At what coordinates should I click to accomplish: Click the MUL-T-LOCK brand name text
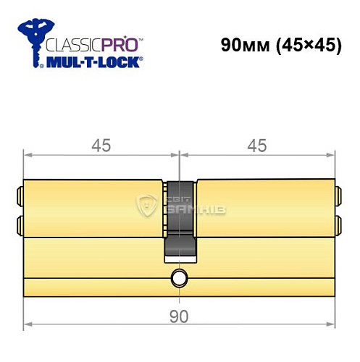[93, 63]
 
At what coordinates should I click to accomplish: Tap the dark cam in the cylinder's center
[180, 217]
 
